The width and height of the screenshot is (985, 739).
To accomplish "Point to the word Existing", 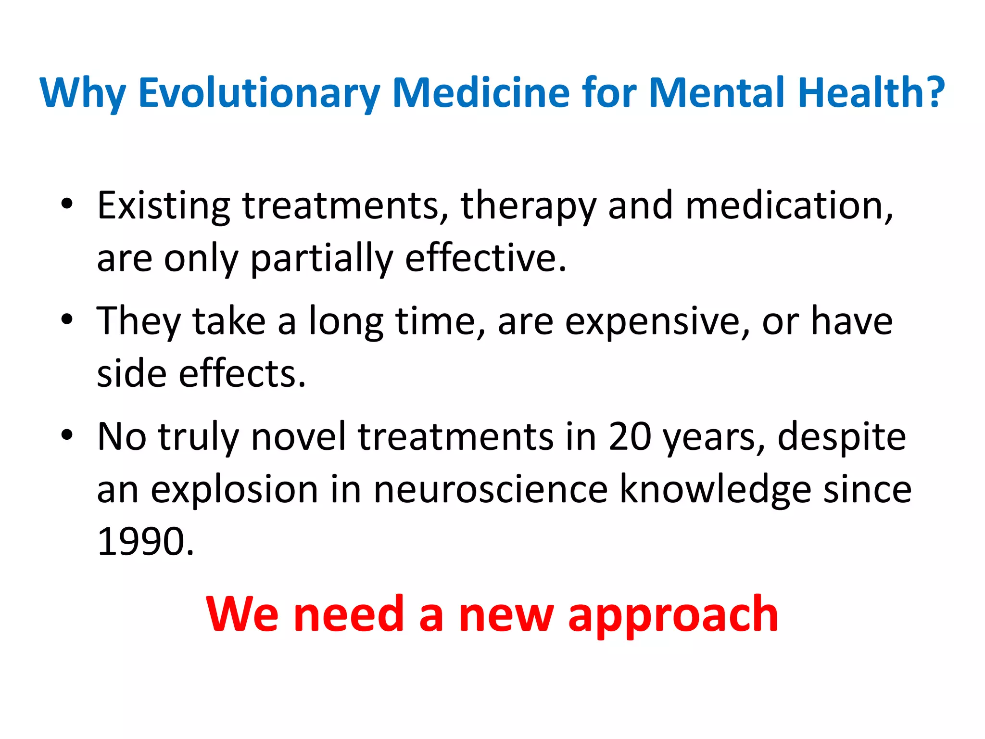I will click(x=164, y=205).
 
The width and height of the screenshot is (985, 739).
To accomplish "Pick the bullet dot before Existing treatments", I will click(x=67, y=204).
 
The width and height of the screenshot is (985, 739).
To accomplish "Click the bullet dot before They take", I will click(x=67, y=319).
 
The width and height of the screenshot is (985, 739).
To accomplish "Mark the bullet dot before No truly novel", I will click(x=67, y=435).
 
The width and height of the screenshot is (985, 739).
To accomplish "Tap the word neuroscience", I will click(x=491, y=489).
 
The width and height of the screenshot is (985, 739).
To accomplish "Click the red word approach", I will click(x=673, y=615).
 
